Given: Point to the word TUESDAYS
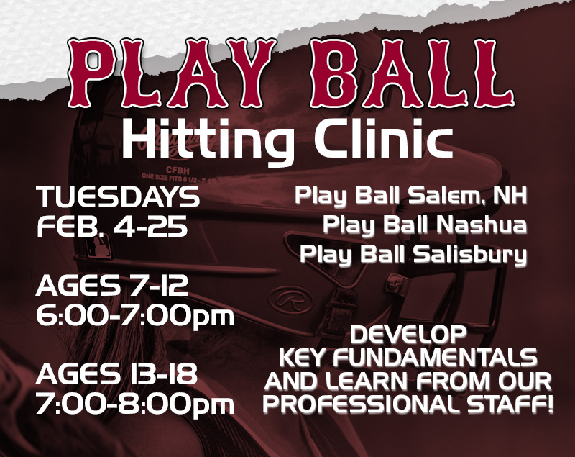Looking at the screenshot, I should tap(118, 196).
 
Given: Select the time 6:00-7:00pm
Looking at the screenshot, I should tap(135, 316).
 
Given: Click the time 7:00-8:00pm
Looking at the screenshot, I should tap(135, 403).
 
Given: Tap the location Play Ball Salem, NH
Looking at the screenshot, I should tap(410, 196).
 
